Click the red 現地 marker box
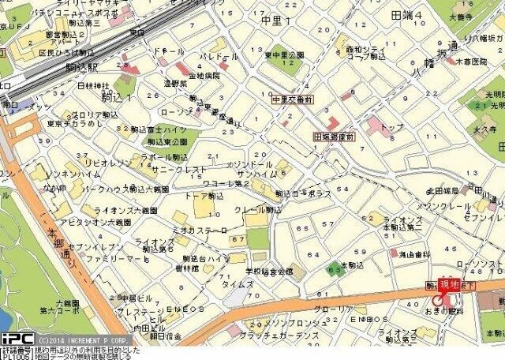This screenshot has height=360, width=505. point(450,285)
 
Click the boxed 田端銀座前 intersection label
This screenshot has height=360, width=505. point(335,136)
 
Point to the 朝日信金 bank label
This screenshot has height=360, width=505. point(166,336)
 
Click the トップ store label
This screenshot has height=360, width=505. point(391,126)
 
